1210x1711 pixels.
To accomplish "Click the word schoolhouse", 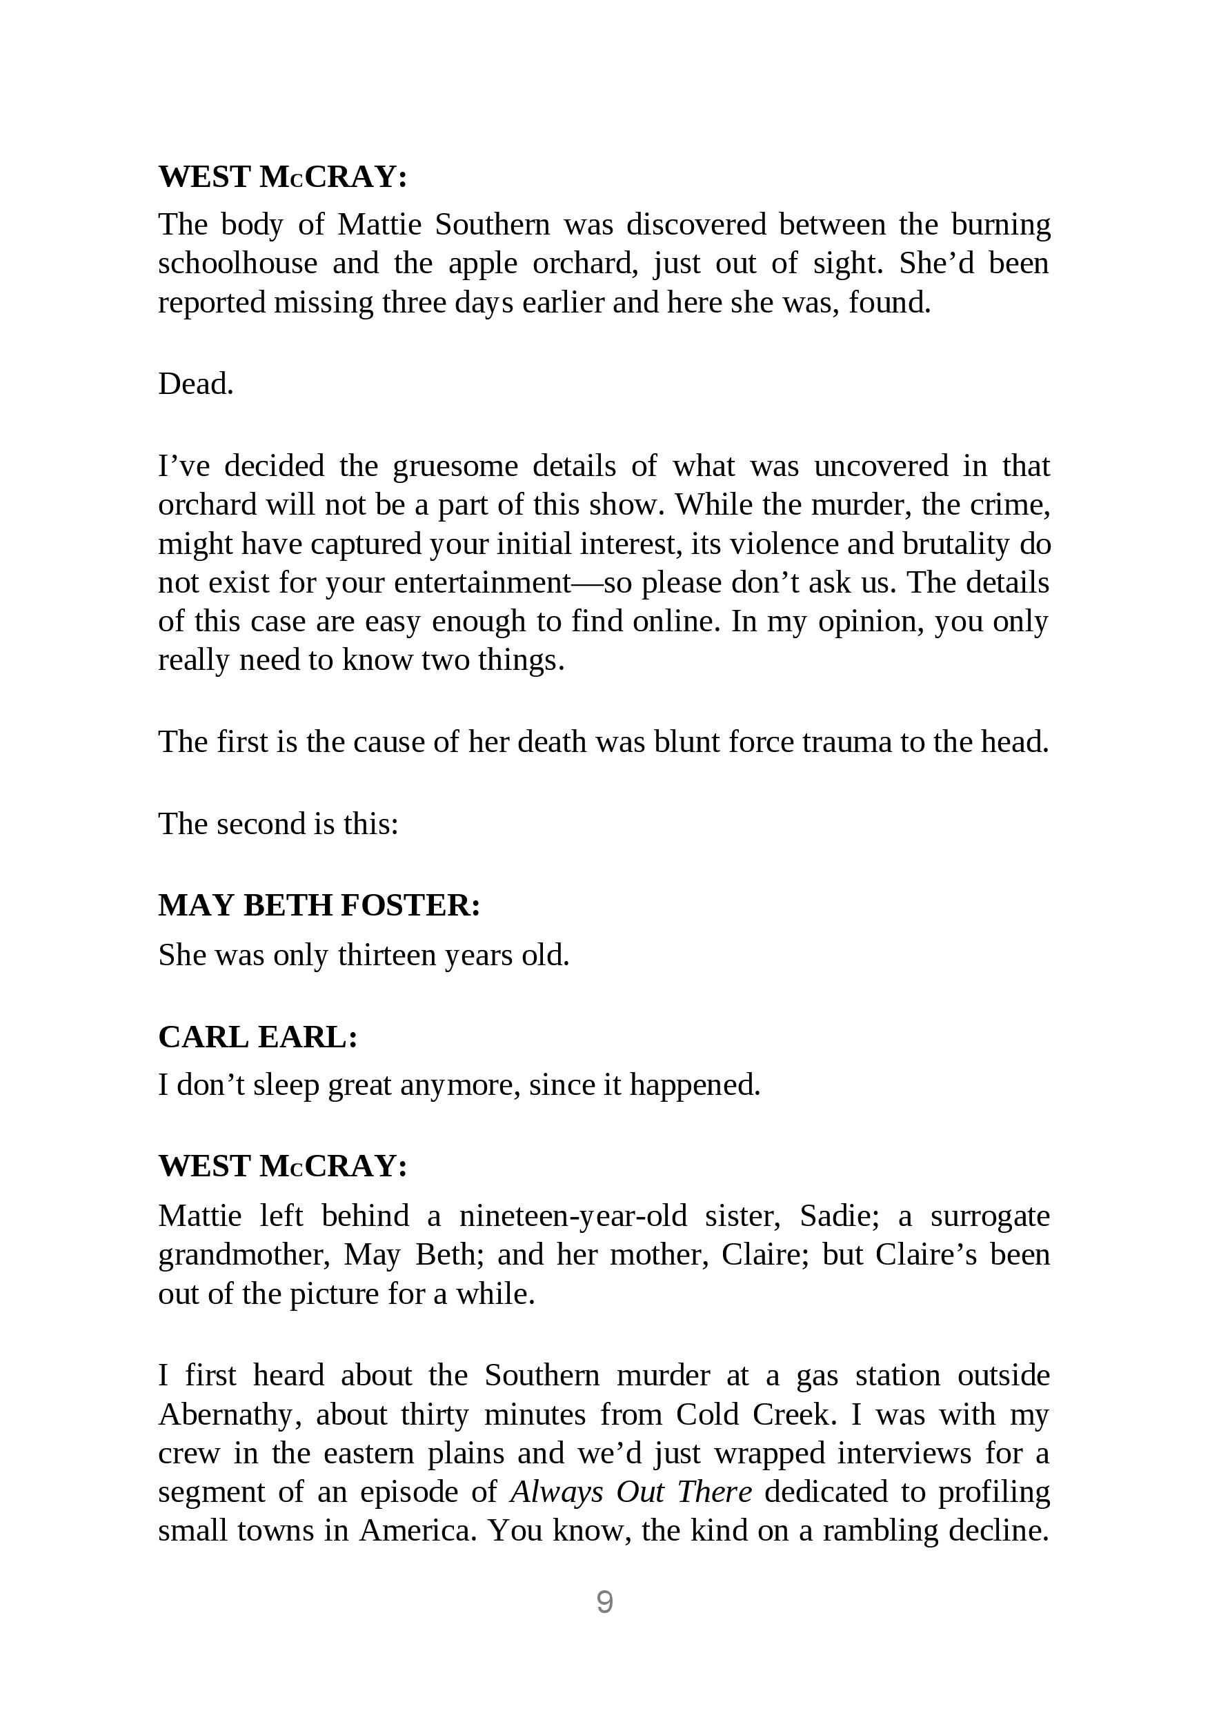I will click(238, 264).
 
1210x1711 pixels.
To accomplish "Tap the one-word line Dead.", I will click(196, 384).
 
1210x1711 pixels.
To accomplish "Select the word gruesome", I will click(455, 466).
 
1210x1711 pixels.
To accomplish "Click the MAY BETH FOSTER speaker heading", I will click(319, 905).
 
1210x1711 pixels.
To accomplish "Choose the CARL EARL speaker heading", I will click(258, 1038).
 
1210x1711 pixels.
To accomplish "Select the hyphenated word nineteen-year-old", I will click(573, 1216).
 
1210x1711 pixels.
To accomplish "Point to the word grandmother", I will click(244, 1255).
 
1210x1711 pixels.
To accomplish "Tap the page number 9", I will click(604, 1602).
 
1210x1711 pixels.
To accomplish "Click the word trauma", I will click(846, 742).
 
